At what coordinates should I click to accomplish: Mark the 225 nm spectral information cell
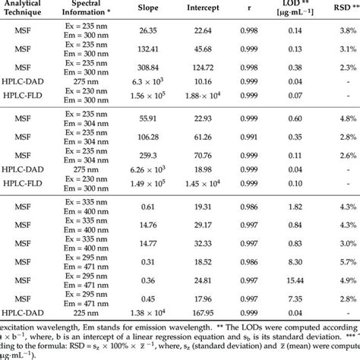pos(81,313)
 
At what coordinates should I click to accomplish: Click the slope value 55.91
pos(144,119)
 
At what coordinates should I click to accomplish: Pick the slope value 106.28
pos(144,138)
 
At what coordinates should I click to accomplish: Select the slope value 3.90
pos(144,242)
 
